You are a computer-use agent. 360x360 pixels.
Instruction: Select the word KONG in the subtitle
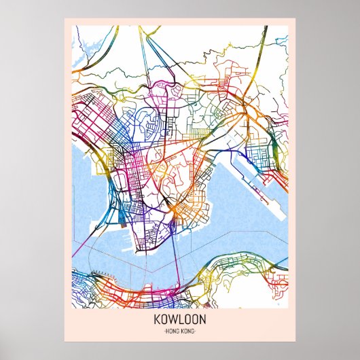coord(187,330)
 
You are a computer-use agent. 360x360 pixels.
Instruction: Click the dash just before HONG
coord(166,330)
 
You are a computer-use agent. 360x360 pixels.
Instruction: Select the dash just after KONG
coord(195,330)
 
